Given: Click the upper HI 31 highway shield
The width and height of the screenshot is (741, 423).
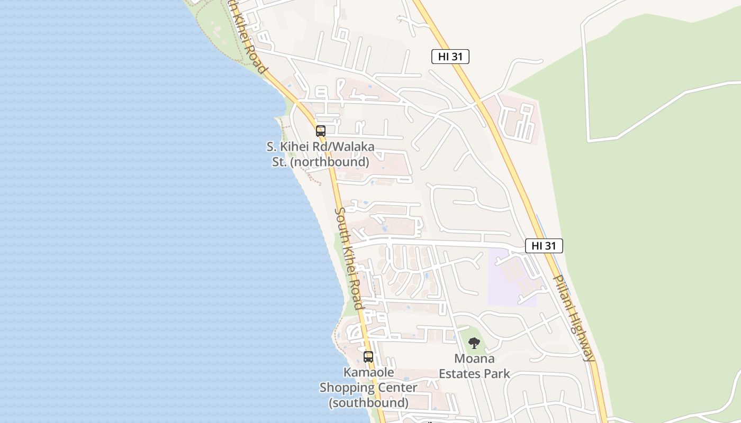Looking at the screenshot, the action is pyautogui.click(x=450, y=57).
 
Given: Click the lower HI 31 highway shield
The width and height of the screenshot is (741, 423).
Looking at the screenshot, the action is pyautogui.click(x=544, y=246).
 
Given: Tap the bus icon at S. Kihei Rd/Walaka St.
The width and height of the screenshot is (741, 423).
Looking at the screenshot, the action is pyautogui.click(x=321, y=131).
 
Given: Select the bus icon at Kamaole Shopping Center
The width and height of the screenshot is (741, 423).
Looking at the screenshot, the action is pyautogui.click(x=368, y=356).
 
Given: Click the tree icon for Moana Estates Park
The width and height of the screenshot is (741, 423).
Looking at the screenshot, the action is pyautogui.click(x=474, y=343).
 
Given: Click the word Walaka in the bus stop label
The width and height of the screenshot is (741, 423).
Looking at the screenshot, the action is pyautogui.click(x=355, y=146).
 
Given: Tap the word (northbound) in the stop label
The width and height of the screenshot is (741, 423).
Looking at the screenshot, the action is pyautogui.click(x=329, y=162).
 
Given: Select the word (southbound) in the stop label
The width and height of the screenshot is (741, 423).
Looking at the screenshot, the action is pyautogui.click(x=368, y=403).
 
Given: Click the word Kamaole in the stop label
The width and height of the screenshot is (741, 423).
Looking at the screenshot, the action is pyautogui.click(x=368, y=372).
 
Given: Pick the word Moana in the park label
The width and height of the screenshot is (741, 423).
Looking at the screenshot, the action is pyautogui.click(x=474, y=358).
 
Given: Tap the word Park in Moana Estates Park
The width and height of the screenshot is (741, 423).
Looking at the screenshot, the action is pyautogui.click(x=498, y=374).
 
